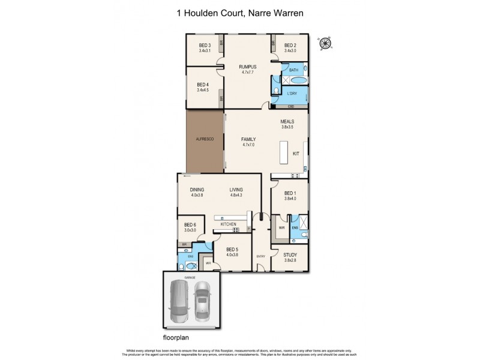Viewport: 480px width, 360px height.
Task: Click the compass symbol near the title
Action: [x=326, y=43]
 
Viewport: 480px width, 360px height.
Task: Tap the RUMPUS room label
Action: [x=248, y=66]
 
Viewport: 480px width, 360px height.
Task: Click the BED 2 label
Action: [x=290, y=46]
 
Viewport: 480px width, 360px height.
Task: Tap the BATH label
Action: [x=293, y=70]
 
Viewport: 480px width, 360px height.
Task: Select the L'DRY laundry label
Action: [x=292, y=93]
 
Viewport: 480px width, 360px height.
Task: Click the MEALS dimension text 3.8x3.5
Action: [x=287, y=127]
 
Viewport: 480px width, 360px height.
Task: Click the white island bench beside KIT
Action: [x=284, y=152]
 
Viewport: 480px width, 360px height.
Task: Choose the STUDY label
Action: [x=290, y=254]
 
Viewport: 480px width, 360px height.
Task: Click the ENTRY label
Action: [x=260, y=256]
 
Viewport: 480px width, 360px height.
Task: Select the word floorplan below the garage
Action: [x=176, y=338]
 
